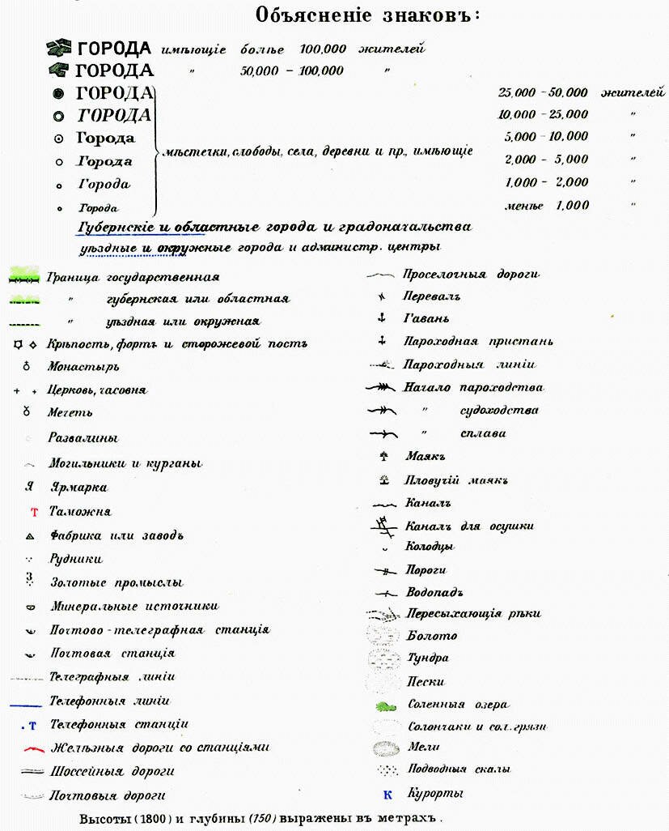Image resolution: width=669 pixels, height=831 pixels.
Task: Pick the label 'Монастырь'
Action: click(x=83, y=367)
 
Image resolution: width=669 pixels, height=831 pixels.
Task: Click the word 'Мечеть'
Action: click(x=70, y=413)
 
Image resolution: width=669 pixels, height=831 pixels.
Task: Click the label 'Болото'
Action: click(x=431, y=636)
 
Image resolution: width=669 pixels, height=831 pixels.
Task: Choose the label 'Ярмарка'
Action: click(x=78, y=488)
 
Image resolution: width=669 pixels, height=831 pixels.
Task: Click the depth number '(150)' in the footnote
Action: click(x=264, y=818)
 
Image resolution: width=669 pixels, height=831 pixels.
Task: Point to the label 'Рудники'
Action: click(x=76, y=559)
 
